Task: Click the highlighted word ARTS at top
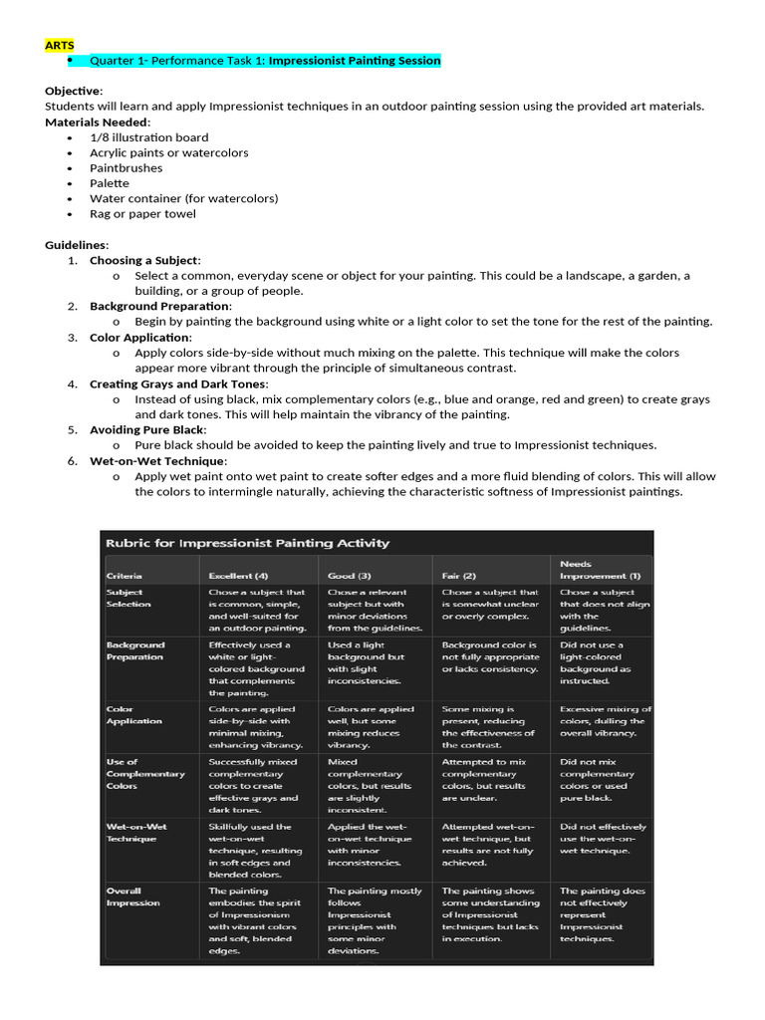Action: [x=59, y=45]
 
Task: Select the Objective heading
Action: [x=73, y=91]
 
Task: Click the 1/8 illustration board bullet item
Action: [x=148, y=137]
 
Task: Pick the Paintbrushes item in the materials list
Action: [x=126, y=168]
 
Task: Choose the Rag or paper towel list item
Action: [x=142, y=213]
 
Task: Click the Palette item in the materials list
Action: [x=110, y=183]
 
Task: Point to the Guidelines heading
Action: [x=77, y=245]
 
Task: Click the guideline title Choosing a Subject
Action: [x=144, y=260]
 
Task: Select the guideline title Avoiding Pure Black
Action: [x=147, y=429]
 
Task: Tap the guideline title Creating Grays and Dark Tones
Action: [x=178, y=383]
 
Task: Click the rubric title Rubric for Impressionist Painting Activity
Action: [x=247, y=543]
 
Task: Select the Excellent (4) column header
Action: [x=237, y=576]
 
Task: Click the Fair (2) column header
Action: [x=459, y=576]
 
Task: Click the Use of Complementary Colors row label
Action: [x=145, y=774]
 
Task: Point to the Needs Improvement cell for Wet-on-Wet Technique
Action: [x=603, y=838]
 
